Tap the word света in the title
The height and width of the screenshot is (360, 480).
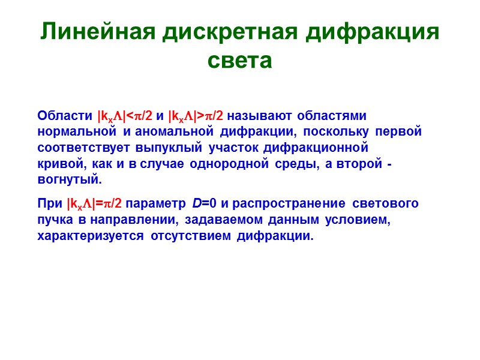(239, 61)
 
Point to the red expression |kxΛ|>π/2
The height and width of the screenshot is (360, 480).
(197, 115)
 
